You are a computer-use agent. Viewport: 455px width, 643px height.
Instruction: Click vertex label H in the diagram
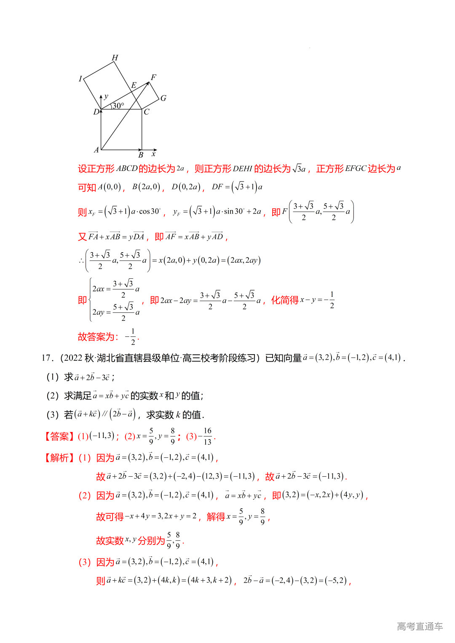(x=115, y=58)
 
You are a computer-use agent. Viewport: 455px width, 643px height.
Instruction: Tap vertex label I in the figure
(x=80, y=79)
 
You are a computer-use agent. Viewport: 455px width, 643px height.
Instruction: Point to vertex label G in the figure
(x=163, y=98)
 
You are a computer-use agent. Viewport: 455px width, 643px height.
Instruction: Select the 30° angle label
(x=118, y=106)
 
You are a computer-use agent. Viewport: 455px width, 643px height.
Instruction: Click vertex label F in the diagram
(x=153, y=77)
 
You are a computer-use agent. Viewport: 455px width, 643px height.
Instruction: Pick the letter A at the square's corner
(x=96, y=149)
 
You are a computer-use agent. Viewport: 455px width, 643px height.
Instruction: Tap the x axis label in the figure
(x=153, y=154)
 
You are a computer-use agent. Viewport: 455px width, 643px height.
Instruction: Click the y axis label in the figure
(x=106, y=96)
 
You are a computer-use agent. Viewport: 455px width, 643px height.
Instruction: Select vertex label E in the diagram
(x=134, y=85)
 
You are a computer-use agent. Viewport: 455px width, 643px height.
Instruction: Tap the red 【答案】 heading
(x=59, y=436)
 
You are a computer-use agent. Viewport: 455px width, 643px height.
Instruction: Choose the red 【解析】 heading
(x=59, y=458)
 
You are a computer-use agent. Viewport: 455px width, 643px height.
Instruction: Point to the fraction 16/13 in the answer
(x=207, y=436)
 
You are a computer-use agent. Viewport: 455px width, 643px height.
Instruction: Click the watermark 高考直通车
(x=420, y=626)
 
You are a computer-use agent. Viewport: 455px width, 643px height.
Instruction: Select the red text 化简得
(x=285, y=300)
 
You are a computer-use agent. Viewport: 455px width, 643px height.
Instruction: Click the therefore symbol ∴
(x=81, y=261)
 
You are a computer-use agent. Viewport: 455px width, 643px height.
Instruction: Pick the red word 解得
(x=216, y=517)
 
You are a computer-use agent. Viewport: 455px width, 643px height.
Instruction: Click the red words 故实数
(x=110, y=540)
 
